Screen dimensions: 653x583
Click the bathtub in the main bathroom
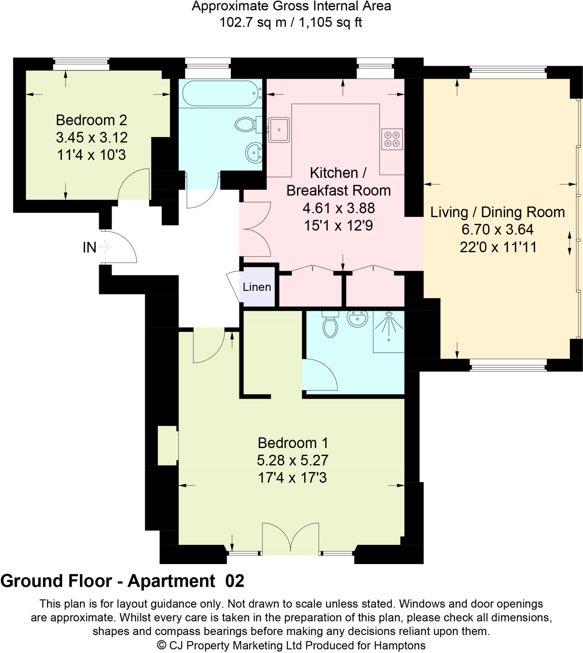tap(220, 93)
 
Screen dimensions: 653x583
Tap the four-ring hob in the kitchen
tap(392, 139)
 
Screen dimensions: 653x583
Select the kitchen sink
tap(279, 130)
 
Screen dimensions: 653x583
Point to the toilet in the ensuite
tap(330, 325)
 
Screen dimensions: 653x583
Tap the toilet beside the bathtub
tap(247, 124)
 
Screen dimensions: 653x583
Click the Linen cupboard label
tap(257, 287)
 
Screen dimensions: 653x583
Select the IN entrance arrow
tap(105, 247)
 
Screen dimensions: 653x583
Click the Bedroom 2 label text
tap(91, 120)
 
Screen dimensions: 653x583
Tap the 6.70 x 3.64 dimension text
tap(497, 229)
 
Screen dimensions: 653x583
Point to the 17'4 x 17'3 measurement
tap(292, 478)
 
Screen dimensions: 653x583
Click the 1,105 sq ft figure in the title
tap(330, 23)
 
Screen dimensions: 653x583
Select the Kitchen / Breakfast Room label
tap(338, 182)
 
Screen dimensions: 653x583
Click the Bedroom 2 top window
tap(81, 64)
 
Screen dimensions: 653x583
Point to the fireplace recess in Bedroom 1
tap(168, 445)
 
